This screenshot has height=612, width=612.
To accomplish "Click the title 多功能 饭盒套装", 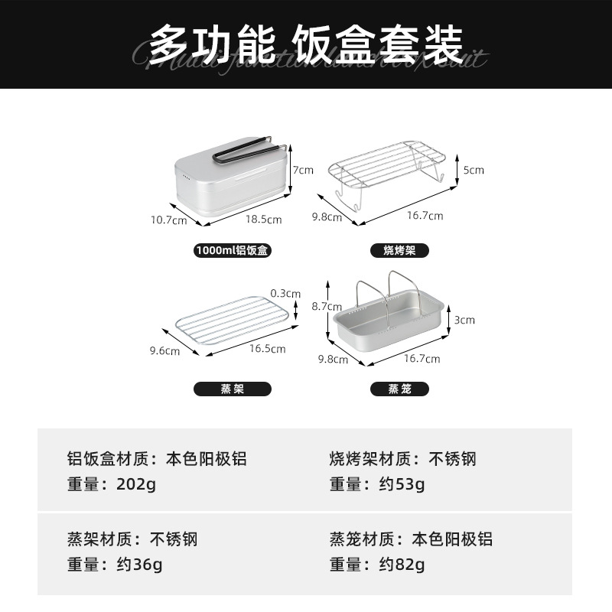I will [306, 45].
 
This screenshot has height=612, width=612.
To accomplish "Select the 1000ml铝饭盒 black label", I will [233, 250].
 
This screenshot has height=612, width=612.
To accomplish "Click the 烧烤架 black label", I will [399, 250].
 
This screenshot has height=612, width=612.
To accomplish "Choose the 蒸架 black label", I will [233, 389].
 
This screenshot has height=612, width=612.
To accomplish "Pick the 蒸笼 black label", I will [399, 389].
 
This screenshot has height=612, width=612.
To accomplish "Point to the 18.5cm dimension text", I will [263, 220].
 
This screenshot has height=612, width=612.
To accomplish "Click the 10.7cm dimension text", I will [168, 220].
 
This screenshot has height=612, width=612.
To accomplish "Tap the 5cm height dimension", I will [474, 170].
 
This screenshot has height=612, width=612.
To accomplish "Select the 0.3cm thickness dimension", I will [286, 293].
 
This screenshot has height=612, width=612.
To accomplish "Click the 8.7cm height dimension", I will [306, 306].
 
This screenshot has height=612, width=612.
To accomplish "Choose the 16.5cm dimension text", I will [268, 349].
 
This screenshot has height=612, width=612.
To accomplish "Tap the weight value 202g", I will [135, 484].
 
